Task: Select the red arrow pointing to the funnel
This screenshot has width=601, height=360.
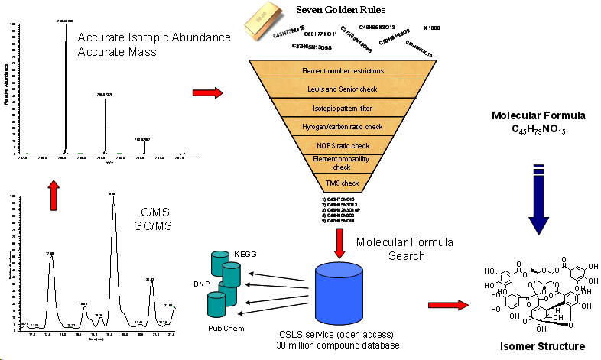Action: (x=207, y=93)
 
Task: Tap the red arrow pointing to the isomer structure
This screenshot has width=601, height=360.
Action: (x=446, y=305)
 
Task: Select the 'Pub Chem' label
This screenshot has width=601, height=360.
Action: (x=226, y=328)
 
